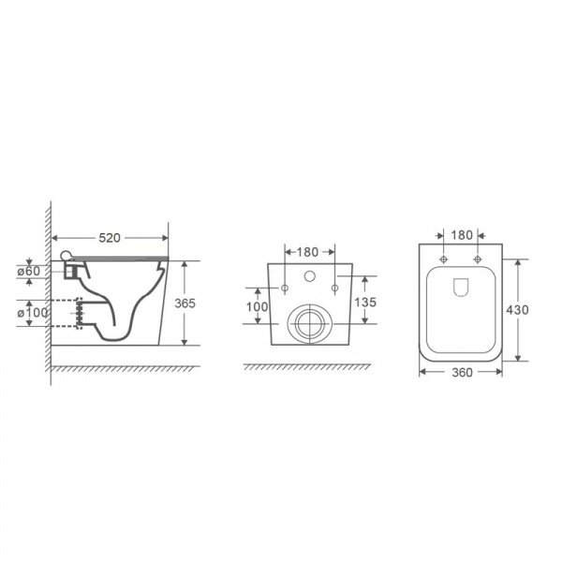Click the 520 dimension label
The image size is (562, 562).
point(110,238)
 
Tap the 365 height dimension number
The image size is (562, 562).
point(185,303)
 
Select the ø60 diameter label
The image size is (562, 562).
point(29,271)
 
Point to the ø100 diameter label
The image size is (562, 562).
point(33,313)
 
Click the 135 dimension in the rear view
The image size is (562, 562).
point(365,303)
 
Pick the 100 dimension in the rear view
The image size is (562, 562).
point(257,307)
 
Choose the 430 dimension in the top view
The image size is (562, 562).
point(517,310)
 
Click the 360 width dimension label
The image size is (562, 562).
point(462,373)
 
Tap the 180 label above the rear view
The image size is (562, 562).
point(307,252)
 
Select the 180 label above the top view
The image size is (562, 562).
point(462,235)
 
